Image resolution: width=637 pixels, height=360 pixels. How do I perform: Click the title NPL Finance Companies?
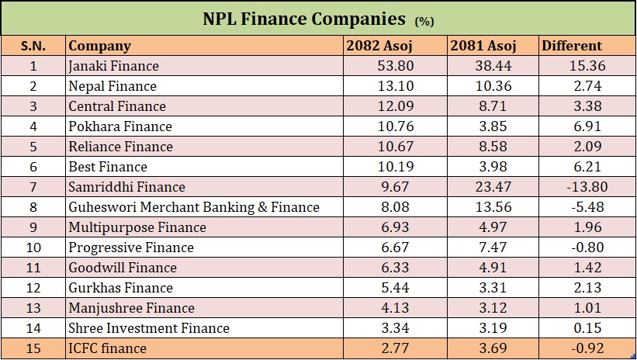pos(304,18)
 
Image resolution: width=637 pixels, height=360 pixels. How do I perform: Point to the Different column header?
pos(572,46)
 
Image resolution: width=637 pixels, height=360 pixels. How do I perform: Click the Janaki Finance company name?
pos(113,66)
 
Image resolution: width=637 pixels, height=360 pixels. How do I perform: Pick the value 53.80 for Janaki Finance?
pos(396,66)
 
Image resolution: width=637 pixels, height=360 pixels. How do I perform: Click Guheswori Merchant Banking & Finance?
pos(194,207)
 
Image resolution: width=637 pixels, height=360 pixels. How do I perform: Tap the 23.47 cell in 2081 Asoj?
pos(494,187)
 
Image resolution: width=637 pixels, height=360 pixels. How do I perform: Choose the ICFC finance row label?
pos(107,348)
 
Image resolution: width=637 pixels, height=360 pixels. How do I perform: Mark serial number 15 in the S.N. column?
pos(33,348)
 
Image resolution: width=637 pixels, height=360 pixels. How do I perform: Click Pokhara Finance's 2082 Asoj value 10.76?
pos(396,126)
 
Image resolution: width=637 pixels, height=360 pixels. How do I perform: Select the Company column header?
pos(99,46)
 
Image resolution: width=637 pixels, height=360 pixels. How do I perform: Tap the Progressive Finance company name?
pos(131,247)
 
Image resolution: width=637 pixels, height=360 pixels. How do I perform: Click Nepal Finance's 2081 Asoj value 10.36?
pos(494,86)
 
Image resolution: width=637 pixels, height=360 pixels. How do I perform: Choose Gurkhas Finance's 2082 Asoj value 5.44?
pos(396,288)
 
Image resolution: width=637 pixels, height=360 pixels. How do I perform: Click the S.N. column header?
pos(33,46)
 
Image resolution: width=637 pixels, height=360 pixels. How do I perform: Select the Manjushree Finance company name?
pos(132,308)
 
